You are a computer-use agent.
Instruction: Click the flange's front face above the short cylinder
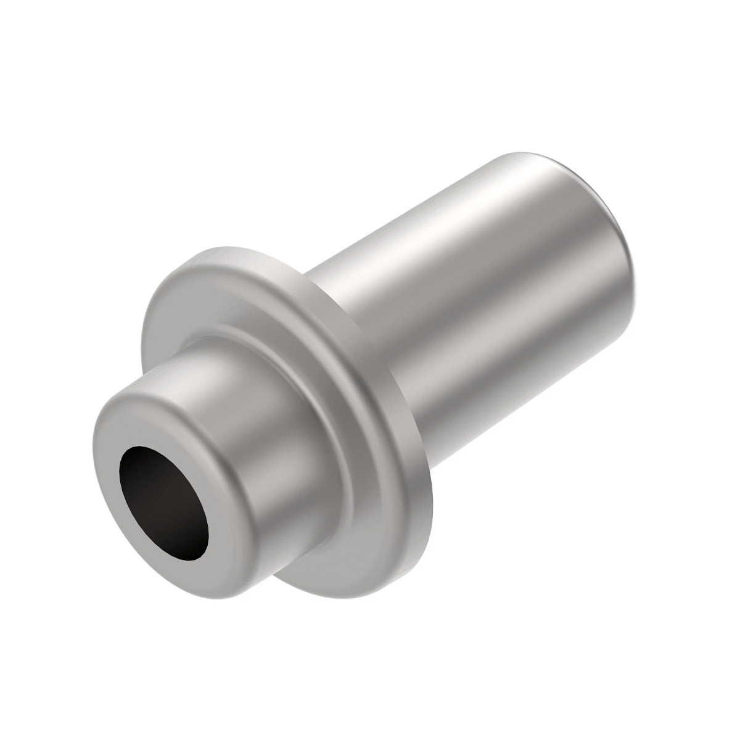[203, 296]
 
